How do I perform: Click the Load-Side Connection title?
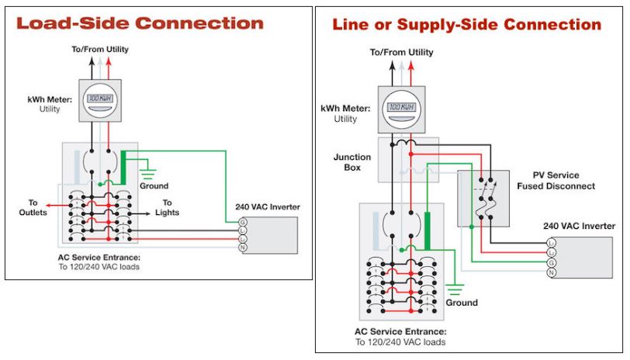tap(140, 22)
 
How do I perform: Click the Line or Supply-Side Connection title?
tap(466, 25)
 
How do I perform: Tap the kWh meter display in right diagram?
tap(399, 106)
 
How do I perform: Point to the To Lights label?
tap(167, 207)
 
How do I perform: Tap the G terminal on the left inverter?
tap(242, 223)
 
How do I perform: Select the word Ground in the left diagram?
tap(154, 186)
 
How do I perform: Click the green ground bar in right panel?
tap(426, 229)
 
